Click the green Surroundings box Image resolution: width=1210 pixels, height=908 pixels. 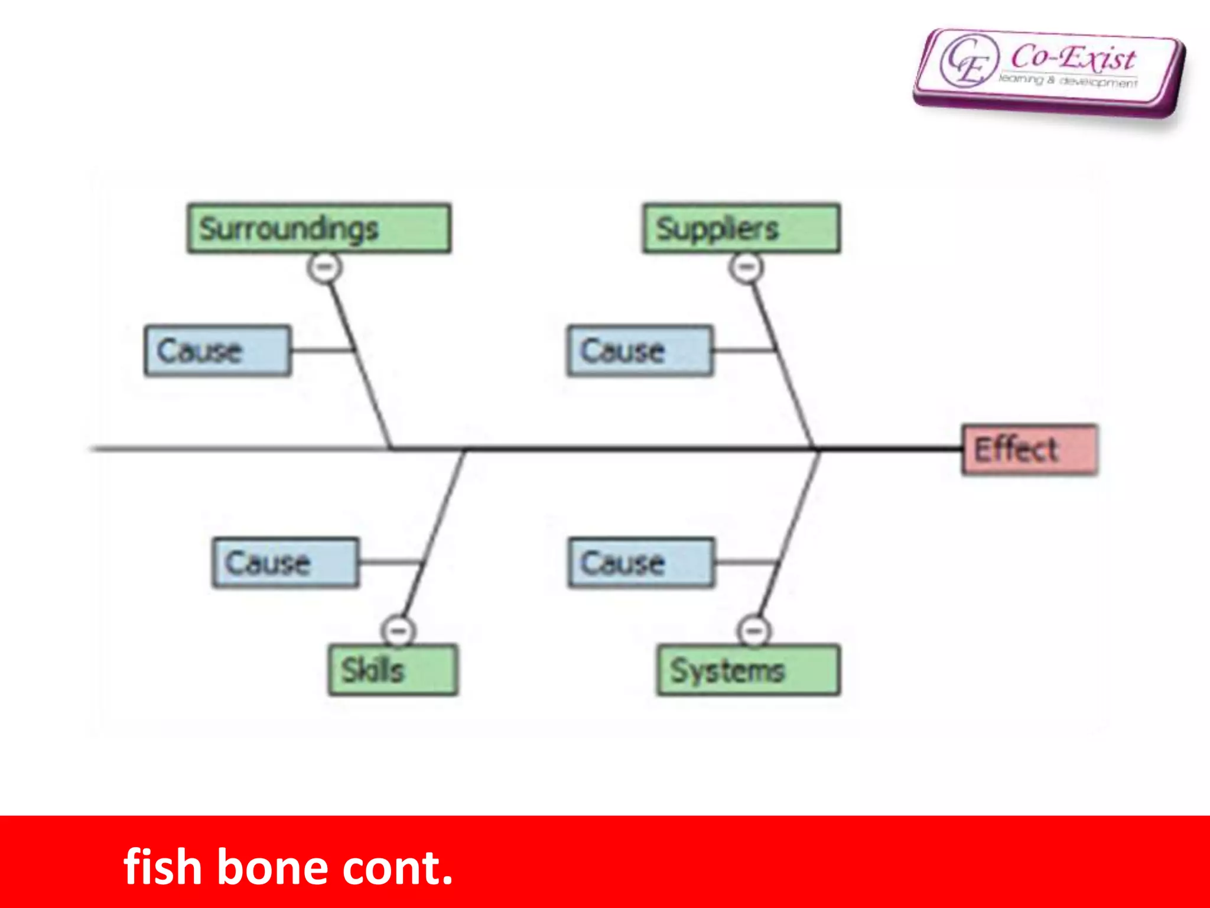[x=319, y=229]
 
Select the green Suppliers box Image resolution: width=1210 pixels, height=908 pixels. [x=741, y=229]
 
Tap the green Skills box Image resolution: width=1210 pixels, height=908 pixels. [x=393, y=670]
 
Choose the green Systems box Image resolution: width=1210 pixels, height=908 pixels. [x=748, y=670]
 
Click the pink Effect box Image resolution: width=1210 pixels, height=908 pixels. [x=1030, y=449]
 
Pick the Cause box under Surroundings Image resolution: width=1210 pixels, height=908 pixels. [x=217, y=351]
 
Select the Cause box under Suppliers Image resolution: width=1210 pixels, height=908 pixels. [x=640, y=351]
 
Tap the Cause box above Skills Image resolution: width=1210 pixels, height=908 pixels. [x=285, y=562]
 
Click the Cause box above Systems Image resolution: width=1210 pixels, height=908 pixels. [x=641, y=562]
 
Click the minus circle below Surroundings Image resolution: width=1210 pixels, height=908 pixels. [x=324, y=268]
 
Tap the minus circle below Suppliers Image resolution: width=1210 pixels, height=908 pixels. [x=746, y=268]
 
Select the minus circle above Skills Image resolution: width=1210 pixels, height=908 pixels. [x=399, y=630]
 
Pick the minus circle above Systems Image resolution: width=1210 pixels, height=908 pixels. [x=754, y=630]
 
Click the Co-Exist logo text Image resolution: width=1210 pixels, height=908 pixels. [x=1072, y=58]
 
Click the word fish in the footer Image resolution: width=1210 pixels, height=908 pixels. [x=162, y=867]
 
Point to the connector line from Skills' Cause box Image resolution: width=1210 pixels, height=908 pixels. [x=390, y=562]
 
